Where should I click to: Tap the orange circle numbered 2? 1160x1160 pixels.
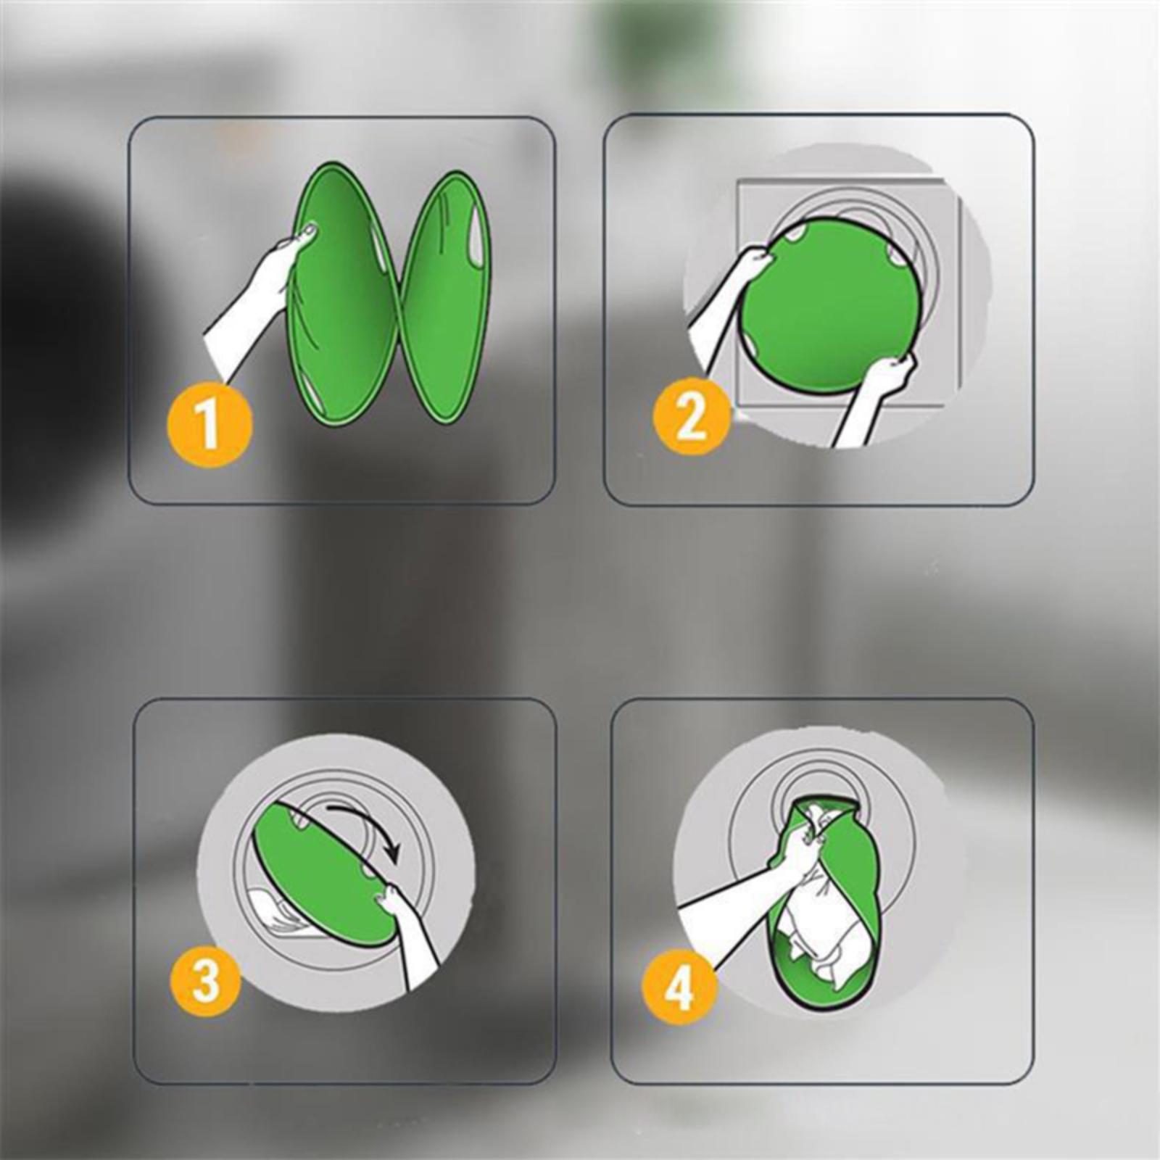point(691,416)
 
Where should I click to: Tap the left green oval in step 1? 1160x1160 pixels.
point(343,294)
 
